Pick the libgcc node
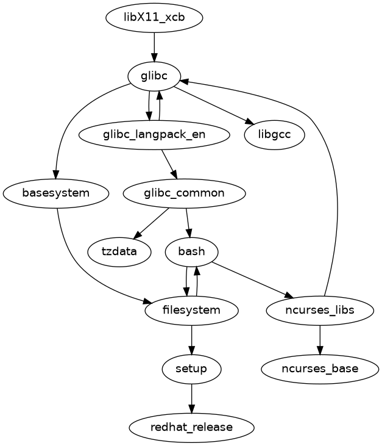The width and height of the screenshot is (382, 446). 274,134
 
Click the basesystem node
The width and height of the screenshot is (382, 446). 56,193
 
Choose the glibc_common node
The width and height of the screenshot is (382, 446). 184,193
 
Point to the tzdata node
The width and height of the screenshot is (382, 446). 119,251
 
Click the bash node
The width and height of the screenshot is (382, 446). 192,251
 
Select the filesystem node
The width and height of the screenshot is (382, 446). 192,310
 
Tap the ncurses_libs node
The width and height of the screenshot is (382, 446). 320,310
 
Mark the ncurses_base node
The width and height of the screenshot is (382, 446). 320,369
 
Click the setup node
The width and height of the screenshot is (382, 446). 192,369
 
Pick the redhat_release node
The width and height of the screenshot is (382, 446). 192,427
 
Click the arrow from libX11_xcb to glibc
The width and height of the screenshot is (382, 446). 154,46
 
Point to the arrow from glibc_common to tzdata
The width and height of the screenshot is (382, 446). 152,223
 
